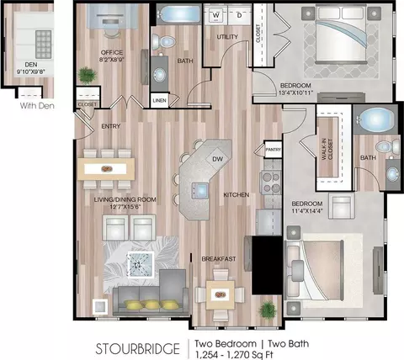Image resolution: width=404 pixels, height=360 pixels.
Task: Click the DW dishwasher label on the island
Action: click(217, 159)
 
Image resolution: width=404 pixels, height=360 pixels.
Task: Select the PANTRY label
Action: click(273, 150)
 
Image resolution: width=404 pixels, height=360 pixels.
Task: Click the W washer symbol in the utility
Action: click(215, 15)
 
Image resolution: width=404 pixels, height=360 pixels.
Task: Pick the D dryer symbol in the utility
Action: click(239, 15)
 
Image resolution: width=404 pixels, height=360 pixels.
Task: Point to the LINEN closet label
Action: click(159, 100)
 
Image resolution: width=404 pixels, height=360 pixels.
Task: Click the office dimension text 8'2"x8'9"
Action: click(112, 60)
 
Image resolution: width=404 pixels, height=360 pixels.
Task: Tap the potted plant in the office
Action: click(87, 75)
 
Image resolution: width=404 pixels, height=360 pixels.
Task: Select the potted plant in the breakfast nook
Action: click(268, 310)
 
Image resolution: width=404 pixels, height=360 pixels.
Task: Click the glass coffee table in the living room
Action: click(141, 264)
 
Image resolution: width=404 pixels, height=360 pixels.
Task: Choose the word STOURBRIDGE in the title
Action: click(137, 349)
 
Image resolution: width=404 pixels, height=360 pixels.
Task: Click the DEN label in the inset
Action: click(31, 65)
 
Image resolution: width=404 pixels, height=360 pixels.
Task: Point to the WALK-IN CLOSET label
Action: click(327, 150)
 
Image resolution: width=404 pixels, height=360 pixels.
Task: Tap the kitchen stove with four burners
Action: click(271, 183)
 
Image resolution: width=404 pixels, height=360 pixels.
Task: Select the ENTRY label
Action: click(111, 126)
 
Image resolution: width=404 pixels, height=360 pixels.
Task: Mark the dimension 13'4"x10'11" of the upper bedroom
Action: click(295, 93)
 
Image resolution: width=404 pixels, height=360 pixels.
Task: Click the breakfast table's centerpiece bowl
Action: click(221, 294)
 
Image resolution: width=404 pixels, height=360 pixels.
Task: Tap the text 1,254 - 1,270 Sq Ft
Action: click(234, 355)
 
